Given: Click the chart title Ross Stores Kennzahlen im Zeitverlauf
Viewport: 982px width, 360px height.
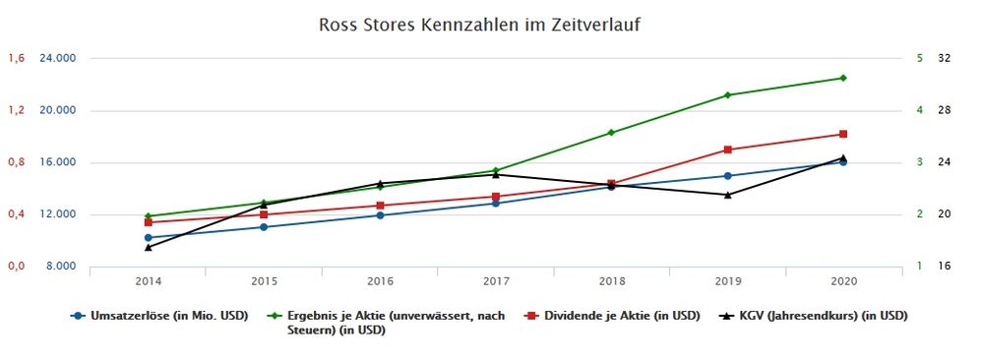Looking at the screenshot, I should click(x=480, y=23).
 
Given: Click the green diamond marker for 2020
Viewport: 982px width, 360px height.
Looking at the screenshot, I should click(x=843, y=78).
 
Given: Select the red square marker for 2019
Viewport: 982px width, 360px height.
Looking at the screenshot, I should click(x=727, y=150).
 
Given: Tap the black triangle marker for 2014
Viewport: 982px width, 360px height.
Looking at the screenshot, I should click(x=148, y=247).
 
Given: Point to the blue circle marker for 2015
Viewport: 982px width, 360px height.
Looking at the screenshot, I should click(x=264, y=227).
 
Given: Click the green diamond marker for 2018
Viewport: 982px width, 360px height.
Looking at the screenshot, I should click(x=611, y=132).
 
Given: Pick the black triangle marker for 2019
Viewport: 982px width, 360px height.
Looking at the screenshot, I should click(x=727, y=195).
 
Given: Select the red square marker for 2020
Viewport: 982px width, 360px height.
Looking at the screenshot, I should click(x=843, y=134).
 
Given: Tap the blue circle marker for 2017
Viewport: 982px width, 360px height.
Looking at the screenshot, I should click(x=496, y=203).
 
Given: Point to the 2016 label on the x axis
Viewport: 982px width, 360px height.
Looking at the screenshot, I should click(x=380, y=281).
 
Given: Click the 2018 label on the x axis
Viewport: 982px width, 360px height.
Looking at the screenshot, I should click(x=611, y=281).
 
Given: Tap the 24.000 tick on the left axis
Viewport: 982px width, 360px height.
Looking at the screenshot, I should click(x=57, y=58).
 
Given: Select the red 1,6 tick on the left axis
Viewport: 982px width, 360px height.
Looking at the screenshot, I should click(x=16, y=58).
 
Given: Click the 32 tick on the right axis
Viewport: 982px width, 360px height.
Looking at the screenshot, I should click(x=944, y=58).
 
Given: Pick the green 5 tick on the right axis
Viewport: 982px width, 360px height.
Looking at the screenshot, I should click(x=919, y=58).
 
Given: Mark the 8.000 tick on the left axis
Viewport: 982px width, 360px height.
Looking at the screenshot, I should click(x=60, y=267).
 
